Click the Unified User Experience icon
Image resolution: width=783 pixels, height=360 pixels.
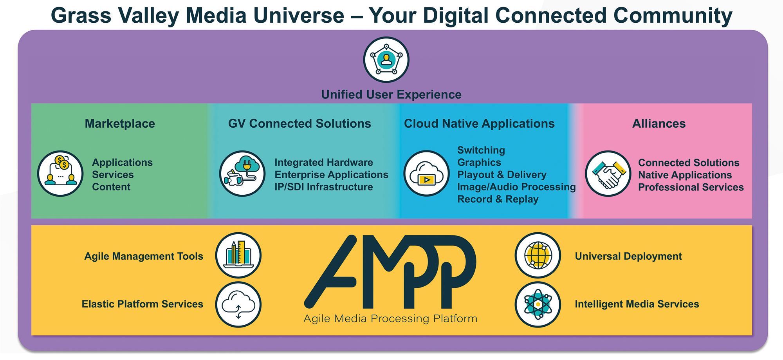pyautogui.click(x=386, y=60)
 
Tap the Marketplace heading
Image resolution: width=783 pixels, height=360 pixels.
pyautogui.click(x=120, y=124)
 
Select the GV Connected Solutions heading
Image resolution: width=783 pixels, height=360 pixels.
pyautogui.click(x=299, y=124)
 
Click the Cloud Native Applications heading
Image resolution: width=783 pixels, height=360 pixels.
pyautogui.click(x=479, y=124)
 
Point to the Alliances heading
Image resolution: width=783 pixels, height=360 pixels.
pyautogui.click(x=659, y=124)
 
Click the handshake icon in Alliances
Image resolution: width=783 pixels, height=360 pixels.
pyautogui.click(x=608, y=174)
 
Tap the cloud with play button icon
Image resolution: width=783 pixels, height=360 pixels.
pyautogui.click(x=426, y=173)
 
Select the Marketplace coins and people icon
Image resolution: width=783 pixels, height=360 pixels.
pyautogui.click(x=60, y=174)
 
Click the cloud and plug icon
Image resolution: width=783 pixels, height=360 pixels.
pyautogui.click(x=242, y=174)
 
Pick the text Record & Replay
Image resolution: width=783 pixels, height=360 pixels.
pyautogui.click(x=498, y=199)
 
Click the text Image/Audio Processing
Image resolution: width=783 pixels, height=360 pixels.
pyautogui.click(x=516, y=187)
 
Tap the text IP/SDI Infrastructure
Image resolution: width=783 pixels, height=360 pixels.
pyautogui.click(x=324, y=187)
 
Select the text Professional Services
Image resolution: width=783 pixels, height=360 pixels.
pyautogui.click(x=691, y=187)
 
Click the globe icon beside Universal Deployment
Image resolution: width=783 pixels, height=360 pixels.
pyautogui.click(x=538, y=255)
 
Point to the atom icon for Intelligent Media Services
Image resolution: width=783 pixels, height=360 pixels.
pyautogui.click(x=538, y=304)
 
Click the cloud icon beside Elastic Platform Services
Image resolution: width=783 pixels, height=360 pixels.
pyautogui.click(x=238, y=304)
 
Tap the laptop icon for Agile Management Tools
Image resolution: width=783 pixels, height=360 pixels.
pyautogui.click(x=238, y=255)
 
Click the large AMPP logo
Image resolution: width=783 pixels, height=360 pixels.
pyautogui.click(x=390, y=271)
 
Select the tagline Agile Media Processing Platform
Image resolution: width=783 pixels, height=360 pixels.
pyautogui.click(x=390, y=318)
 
